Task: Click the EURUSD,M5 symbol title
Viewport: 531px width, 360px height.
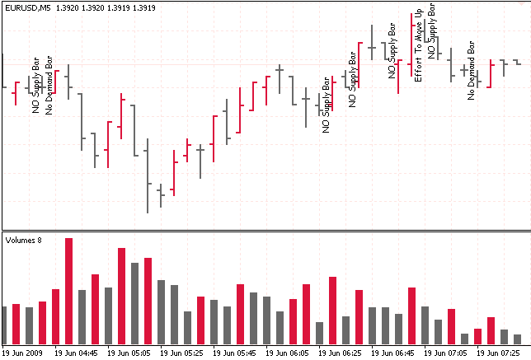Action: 29,7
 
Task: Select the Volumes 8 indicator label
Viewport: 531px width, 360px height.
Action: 24,241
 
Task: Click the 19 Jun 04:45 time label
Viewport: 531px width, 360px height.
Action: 77,353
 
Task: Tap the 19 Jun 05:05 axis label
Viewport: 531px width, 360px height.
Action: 129,353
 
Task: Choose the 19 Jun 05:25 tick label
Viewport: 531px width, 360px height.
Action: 182,353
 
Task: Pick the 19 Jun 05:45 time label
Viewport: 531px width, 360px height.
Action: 235,353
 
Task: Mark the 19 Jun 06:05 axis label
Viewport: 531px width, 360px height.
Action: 288,353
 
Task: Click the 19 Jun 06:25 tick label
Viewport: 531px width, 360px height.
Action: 341,353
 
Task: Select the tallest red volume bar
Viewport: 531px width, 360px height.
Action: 69,291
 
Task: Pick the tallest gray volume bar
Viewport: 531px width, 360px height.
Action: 135,303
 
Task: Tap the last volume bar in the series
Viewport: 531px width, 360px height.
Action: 517,339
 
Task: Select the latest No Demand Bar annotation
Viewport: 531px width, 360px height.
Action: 471,70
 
